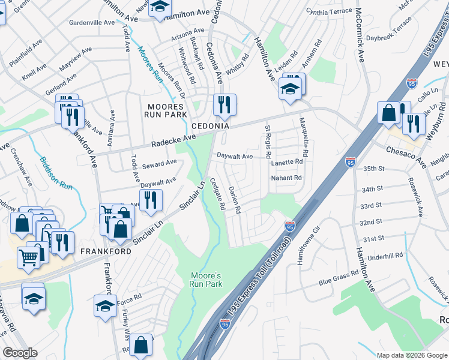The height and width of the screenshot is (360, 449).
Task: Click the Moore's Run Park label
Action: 206,279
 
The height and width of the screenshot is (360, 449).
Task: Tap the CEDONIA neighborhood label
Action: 211,127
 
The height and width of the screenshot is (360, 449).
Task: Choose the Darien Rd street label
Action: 235,200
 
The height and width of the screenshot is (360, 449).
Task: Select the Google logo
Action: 20,353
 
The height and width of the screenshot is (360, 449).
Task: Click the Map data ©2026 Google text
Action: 411,355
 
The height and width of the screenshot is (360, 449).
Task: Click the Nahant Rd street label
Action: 286,178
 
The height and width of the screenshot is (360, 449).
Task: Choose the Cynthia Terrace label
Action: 328,11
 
